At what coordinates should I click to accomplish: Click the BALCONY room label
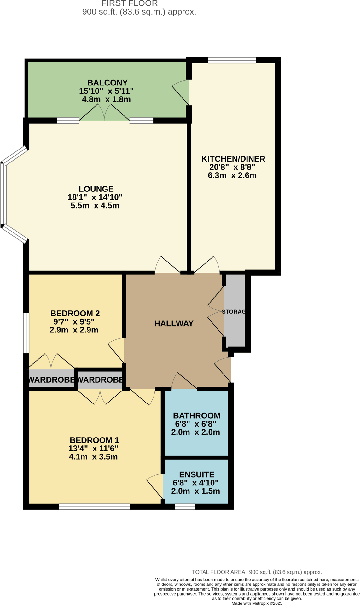point(107,83)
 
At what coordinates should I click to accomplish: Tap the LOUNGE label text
point(96,189)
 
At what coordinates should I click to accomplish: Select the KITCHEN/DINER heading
point(233,159)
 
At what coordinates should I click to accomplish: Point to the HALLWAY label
point(174,323)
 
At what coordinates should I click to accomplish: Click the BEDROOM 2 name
point(75,313)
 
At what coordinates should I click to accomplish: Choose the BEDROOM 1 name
point(94,440)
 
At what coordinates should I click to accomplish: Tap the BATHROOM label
point(196,415)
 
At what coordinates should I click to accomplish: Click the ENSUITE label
point(196,474)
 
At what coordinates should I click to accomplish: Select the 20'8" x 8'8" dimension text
point(232,167)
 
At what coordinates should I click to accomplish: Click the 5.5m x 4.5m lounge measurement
point(95,206)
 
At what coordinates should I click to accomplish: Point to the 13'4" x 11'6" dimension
point(93,448)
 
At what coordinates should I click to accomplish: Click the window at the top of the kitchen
point(232,60)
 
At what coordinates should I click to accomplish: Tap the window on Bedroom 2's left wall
point(26,333)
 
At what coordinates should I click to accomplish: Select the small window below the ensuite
point(185,507)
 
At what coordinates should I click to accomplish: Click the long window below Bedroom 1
point(95,507)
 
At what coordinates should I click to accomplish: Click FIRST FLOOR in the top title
point(129,3)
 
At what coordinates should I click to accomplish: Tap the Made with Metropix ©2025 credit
point(257,603)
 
